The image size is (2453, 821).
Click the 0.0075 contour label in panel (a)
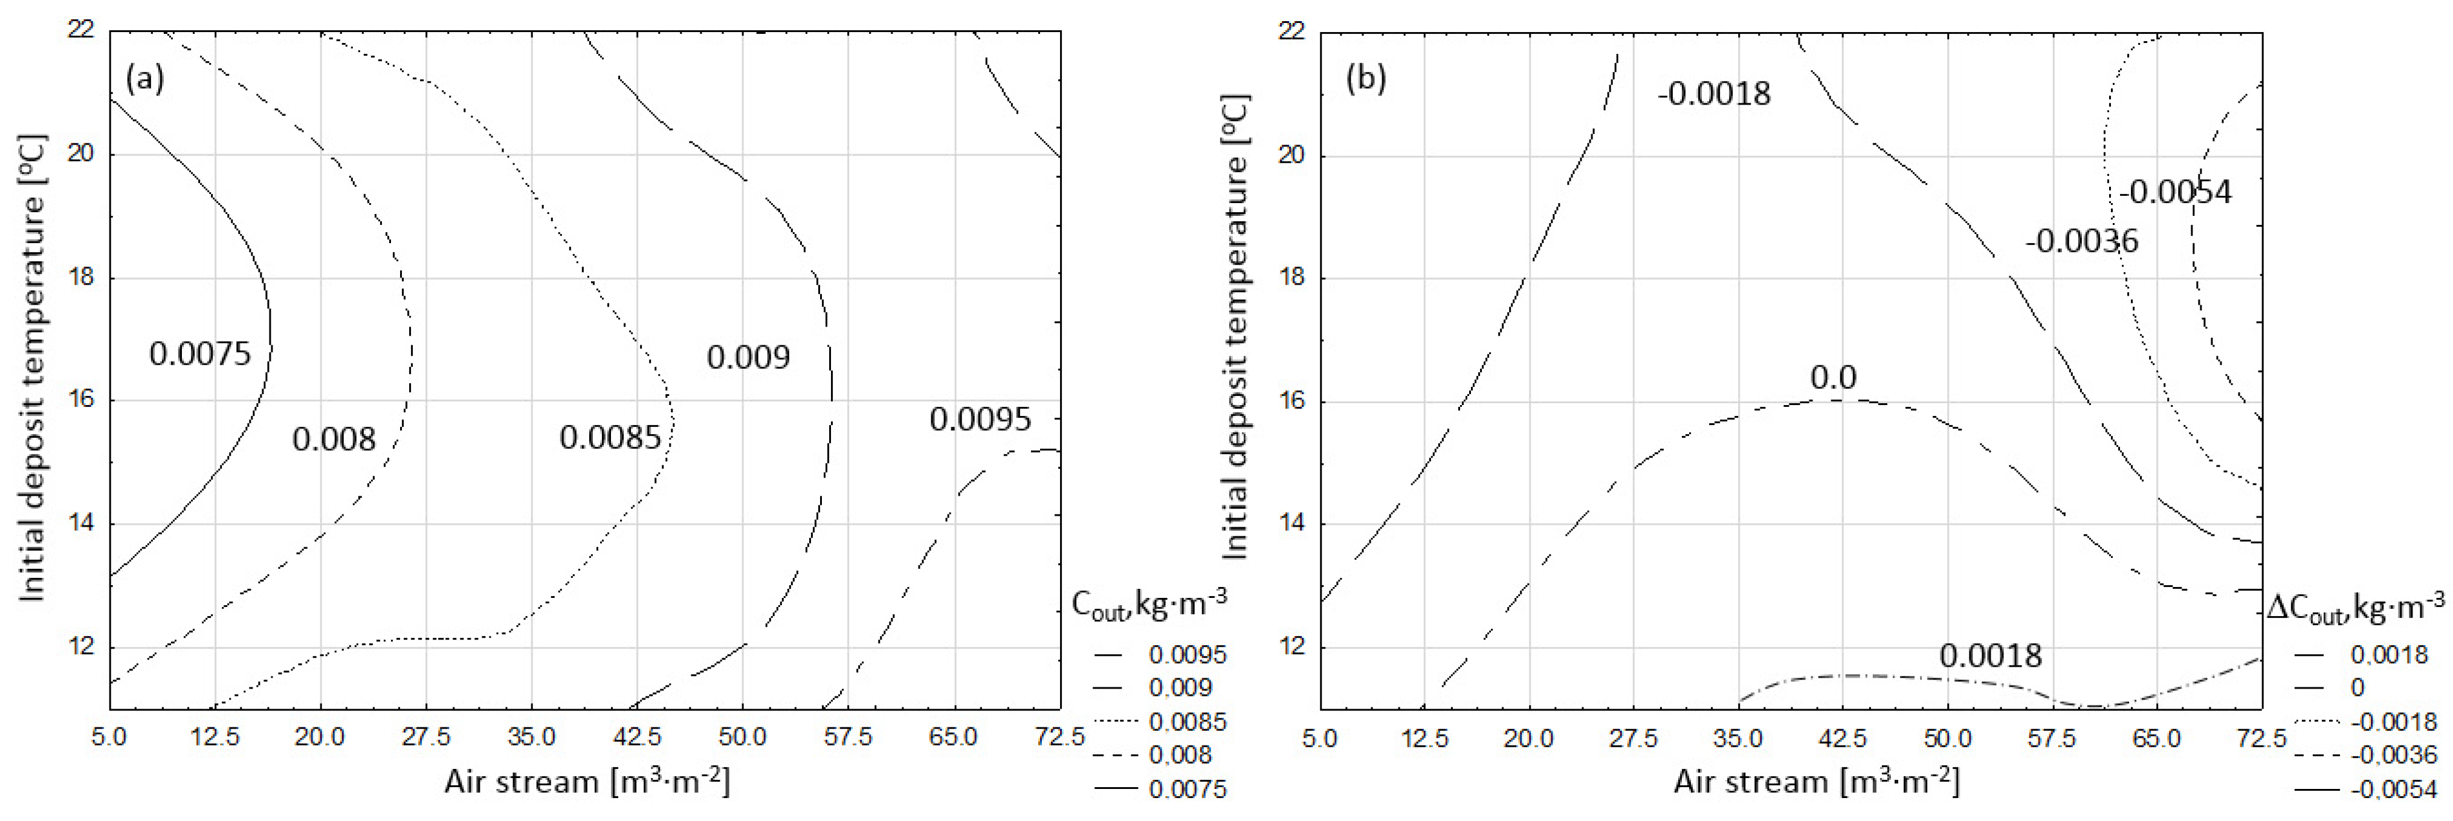pos(200,354)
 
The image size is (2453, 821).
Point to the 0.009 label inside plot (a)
pos(748,357)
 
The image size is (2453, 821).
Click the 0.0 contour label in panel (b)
pos(1832,378)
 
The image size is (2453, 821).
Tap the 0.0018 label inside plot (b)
pos(1990,655)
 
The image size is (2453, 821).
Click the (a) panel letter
pos(145,78)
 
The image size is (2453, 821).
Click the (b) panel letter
pos(1366,78)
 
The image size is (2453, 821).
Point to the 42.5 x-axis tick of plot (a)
pos(636,736)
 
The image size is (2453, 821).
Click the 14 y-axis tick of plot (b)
pos(1290,523)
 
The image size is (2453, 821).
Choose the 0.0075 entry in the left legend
pos(1186,788)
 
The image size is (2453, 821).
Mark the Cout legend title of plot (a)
pos(1148,604)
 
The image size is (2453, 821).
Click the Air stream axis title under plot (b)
pos(1816,782)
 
